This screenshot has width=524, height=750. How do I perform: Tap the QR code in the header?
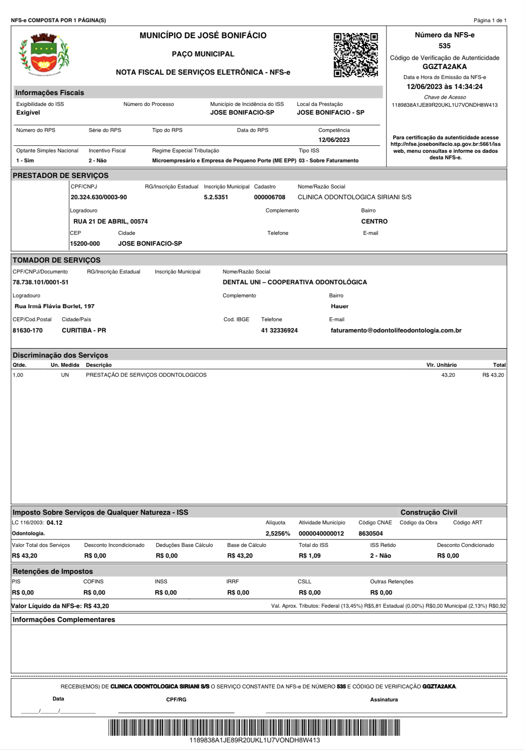[356, 55]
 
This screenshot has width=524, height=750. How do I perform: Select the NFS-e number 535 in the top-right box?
[445, 46]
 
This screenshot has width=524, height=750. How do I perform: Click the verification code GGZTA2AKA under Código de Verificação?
[445, 67]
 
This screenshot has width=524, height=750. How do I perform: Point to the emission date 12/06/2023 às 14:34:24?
[445, 87]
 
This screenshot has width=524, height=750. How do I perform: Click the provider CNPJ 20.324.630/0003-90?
[99, 197]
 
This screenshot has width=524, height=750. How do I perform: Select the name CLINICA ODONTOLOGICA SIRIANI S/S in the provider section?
[354, 197]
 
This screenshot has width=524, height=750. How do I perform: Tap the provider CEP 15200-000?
[85, 244]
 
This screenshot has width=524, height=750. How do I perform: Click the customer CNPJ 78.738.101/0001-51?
[40, 283]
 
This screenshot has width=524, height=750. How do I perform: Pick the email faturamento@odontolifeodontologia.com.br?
[396, 331]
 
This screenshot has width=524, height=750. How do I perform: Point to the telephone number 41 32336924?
[279, 331]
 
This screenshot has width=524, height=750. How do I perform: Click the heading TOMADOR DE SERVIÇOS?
[56, 260]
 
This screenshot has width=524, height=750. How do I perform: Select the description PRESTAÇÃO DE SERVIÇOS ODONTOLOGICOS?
[146, 375]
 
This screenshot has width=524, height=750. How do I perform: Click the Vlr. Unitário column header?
[441, 365]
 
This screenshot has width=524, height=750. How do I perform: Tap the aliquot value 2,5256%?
[278, 534]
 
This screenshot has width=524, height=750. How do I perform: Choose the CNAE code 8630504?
[370, 534]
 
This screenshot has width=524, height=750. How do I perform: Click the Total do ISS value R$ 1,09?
[310, 556]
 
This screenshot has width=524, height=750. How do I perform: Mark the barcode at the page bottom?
[254, 728]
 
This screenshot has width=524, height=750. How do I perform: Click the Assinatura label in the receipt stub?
[384, 700]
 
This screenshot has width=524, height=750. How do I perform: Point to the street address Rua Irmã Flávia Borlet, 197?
[55, 306]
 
